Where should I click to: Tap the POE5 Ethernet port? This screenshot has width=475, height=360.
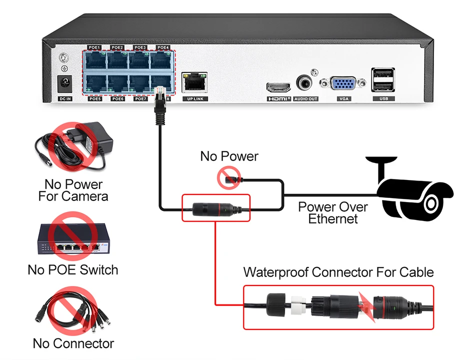click(x=95, y=82)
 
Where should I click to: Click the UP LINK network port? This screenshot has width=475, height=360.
click(x=193, y=82)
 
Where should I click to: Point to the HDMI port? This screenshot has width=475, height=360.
click(x=278, y=87)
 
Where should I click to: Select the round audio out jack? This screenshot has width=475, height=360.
click(x=304, y=83)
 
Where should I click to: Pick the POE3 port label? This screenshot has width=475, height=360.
click(x=140, y=47)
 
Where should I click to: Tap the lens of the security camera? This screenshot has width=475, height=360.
click(x=430, y=203)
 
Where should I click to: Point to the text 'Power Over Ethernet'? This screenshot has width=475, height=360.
click(x=333, y=212)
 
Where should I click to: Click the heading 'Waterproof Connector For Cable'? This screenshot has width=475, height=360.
click(x=338, y=272)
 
